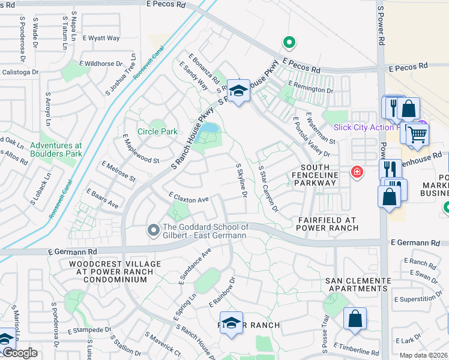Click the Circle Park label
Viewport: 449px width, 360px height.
[x=157, y=131]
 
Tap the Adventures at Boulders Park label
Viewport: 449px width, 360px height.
[x=56, y=149]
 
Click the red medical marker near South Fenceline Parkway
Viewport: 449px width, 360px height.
[x=358, y=172]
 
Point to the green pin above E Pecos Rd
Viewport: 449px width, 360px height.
[x=289, y=43]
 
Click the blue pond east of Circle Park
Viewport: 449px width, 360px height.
[x=209, y=128]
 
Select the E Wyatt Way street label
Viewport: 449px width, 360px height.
[x=101, y=38]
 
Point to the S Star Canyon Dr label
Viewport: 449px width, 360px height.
[x=268, y=190]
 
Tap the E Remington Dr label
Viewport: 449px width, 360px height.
[x=310, y=86]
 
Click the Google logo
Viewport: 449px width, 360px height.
[x=19, y=353]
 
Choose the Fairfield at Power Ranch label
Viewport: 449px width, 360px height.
[x=328, y=224]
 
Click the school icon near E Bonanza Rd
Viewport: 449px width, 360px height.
[x=238, y=91]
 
